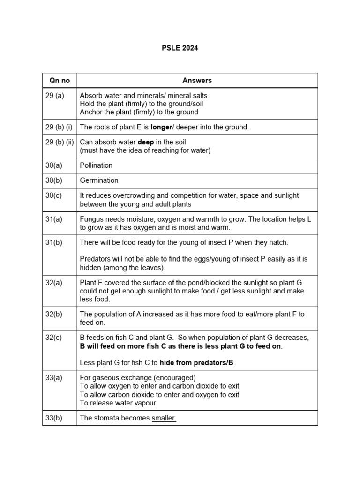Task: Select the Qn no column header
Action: tap(60, 81)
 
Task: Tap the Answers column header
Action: tap(197, 81)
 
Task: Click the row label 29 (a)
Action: tap(54, 96)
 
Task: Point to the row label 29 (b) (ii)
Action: tap(60, 142)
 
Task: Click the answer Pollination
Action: tap(96, 165)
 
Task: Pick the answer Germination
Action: tap(99, 180)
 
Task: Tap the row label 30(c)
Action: tap(53, 195)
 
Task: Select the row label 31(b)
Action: tap(53, 243)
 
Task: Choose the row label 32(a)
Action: tap(53, 283)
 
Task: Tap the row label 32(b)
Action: tap(53, 315)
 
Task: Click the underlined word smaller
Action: tap(164, 418)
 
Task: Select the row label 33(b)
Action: tap(53, 418)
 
